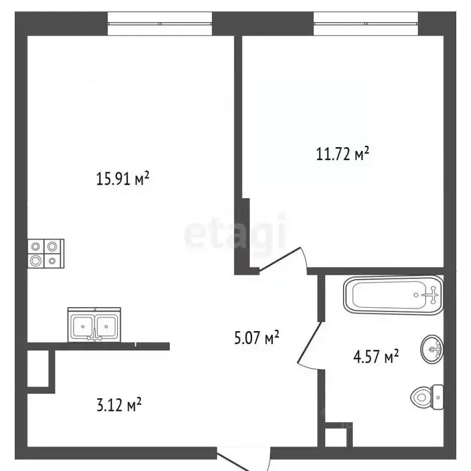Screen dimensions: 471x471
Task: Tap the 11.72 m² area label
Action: (342, 154)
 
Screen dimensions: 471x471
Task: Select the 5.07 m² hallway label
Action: (256, 337)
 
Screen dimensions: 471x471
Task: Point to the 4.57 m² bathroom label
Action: (375, 356)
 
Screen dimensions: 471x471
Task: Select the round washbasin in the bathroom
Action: (433, 350)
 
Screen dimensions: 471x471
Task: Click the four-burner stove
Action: (45, 253)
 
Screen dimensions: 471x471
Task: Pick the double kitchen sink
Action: (94, 324)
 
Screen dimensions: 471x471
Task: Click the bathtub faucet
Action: (432, 296)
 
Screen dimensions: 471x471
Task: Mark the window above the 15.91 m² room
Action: (161, 23)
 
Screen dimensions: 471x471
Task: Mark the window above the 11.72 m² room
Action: (366, 23)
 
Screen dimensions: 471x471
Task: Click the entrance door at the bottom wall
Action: (243, 461)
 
